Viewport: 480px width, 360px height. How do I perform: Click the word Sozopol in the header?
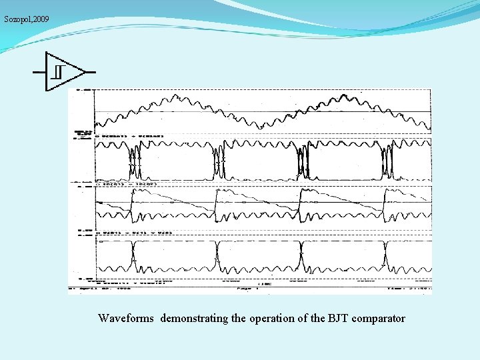pos(15,19)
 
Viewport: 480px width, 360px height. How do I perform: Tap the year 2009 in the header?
pos(39,19)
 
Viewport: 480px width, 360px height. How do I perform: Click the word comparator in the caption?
pos(379,319)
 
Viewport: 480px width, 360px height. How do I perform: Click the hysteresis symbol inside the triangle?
pos(59,71)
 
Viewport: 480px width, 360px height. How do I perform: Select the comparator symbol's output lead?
pos(91,71)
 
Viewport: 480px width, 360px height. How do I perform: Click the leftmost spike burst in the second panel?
pos(135,162)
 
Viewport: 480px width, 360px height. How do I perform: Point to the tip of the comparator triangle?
pos(86,71)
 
